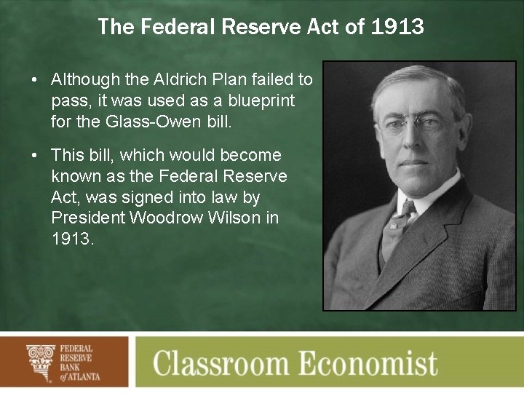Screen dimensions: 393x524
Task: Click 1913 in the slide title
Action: pos(397,28)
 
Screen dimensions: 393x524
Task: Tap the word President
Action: pos(85,218)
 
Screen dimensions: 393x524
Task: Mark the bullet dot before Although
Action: pos(36,80)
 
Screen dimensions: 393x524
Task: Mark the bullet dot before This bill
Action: pos(36,156)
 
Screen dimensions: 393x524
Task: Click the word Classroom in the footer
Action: pos(231,362)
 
